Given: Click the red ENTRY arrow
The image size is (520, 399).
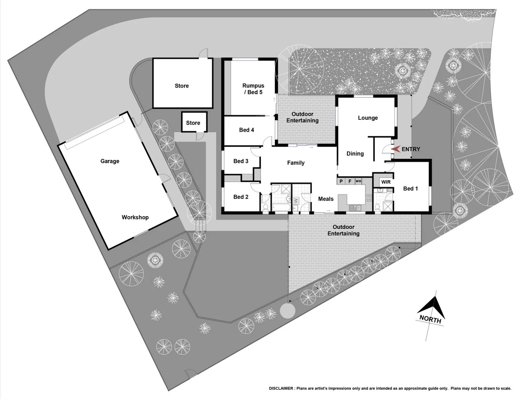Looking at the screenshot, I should (395, 149).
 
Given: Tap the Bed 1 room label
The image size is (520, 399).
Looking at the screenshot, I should (410, 188).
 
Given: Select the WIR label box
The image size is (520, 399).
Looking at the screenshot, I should (386, 182).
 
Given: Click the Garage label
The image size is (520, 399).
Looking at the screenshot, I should (110, 161).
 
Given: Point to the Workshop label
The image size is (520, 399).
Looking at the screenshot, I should (135, 217).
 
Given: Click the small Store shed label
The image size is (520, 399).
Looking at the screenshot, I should (193, 123).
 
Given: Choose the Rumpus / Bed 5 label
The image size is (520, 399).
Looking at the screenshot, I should (253, 89).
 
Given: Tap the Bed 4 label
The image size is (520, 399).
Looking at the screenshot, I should (246, 130).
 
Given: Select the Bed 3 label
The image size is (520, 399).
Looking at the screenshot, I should (240, 161).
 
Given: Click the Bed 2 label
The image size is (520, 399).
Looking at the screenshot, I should (240, 197).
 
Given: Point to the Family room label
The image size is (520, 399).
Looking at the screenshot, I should (296, 163).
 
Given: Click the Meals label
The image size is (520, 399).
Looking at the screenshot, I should (326, 199).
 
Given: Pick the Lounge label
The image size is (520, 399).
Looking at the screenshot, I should (368, 118).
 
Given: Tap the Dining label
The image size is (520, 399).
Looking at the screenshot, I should (355, 153).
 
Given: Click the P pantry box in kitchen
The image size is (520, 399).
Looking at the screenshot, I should (341, 181).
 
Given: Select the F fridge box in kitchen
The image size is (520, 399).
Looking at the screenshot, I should (350, 181).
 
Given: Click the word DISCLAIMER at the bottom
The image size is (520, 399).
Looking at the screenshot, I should (281, 388).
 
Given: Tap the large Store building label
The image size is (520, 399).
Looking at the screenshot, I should (181, 86).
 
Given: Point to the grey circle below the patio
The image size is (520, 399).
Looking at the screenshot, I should (287, 311).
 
